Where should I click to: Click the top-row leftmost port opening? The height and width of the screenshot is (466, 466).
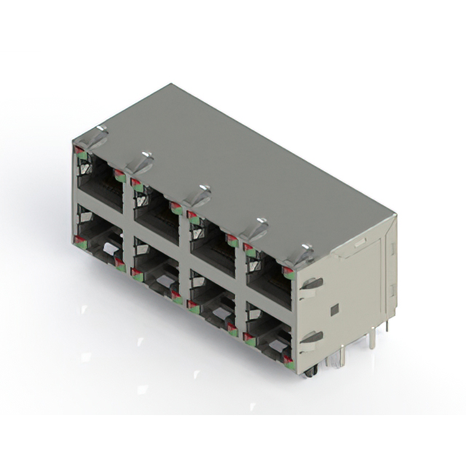pyautogui.click(x=100, y=182)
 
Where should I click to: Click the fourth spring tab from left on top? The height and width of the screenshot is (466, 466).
pyautogui.click(x=253, y=226)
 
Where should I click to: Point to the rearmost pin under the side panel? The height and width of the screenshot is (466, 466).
pyautogui.click(x=387, y=325)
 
